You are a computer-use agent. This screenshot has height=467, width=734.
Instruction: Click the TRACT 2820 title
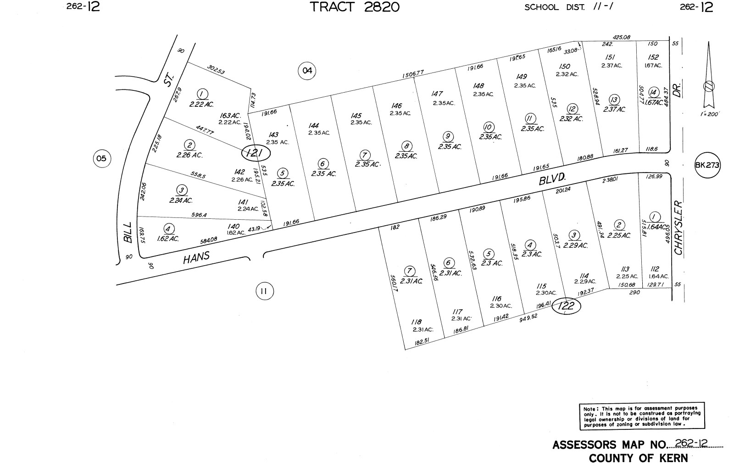click(x=354, y=7)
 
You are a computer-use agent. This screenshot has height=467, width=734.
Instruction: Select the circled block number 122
click(x=567, y=306)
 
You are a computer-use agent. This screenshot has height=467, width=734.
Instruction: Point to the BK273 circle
click(x=707, y=166)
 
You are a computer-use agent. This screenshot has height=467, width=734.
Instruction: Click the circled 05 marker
click(x=101, y=159)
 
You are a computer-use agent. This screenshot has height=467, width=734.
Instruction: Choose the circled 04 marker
click(x=307, y=71)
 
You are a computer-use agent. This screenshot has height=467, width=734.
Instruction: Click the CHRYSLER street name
click(x=679, y=228)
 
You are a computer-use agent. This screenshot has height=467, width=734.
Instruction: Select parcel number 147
click(x=437, y=94)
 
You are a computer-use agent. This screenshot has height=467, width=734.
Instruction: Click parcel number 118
click(x=417, y=322)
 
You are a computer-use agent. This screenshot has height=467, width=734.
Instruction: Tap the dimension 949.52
click(x=528, y=316)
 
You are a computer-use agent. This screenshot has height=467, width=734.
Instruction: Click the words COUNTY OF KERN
click(x=638, y=458)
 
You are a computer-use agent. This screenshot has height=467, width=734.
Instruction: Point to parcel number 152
click(x=653, y=57)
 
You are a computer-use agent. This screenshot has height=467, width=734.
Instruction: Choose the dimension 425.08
click(x=622, y=37)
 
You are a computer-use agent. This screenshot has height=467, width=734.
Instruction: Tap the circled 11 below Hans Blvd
click(x=264, y=291)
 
